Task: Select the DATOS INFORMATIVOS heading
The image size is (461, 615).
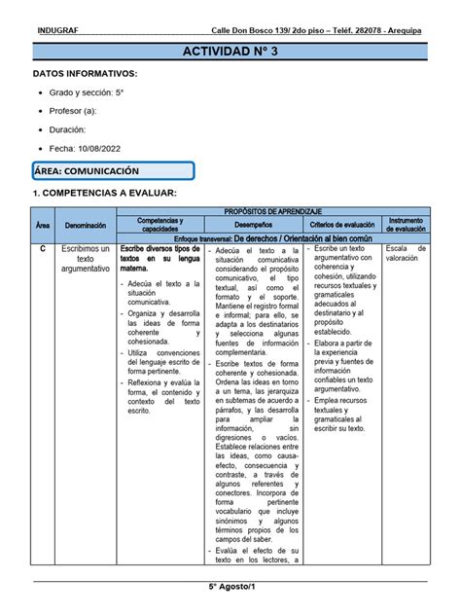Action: [x=85, y=74]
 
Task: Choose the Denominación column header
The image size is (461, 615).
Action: [x=87, y=225]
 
